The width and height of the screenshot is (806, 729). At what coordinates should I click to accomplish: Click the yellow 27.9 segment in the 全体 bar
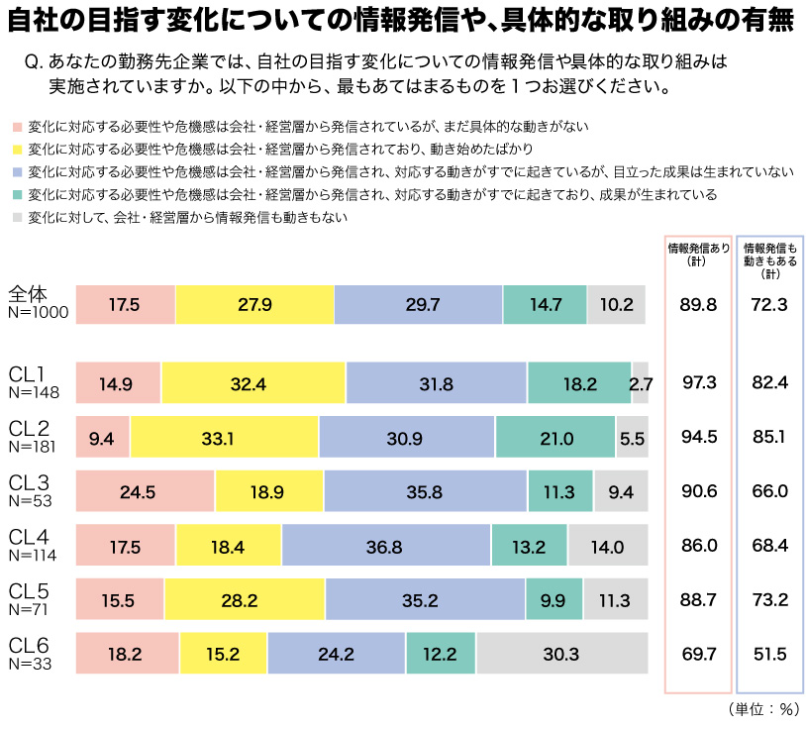pos(254,304)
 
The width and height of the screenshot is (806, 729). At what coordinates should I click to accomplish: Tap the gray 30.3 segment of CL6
pos(560,654)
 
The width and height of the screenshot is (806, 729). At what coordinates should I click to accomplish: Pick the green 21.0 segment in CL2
pos(555,437)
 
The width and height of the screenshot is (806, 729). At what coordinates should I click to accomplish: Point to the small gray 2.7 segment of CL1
pos(641,382)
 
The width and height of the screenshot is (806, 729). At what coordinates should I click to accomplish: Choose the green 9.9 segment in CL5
pos(554,599)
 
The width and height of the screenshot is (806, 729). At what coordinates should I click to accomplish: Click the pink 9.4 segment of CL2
pos(102,437)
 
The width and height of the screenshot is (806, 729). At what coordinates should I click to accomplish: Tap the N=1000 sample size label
pos(38,313)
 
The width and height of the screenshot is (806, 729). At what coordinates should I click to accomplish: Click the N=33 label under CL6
pos(30,664)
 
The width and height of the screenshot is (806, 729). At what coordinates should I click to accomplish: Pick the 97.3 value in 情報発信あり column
pos(699,382)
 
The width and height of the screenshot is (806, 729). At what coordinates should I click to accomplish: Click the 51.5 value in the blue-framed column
pos(769,654)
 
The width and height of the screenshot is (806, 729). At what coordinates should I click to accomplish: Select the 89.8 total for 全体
pos(699,304)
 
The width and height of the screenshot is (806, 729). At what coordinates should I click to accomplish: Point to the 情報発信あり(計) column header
pos(699,254)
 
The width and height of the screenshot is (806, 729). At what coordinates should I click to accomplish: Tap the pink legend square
pos(16,127)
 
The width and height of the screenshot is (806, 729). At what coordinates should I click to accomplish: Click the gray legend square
pos(16,217)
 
